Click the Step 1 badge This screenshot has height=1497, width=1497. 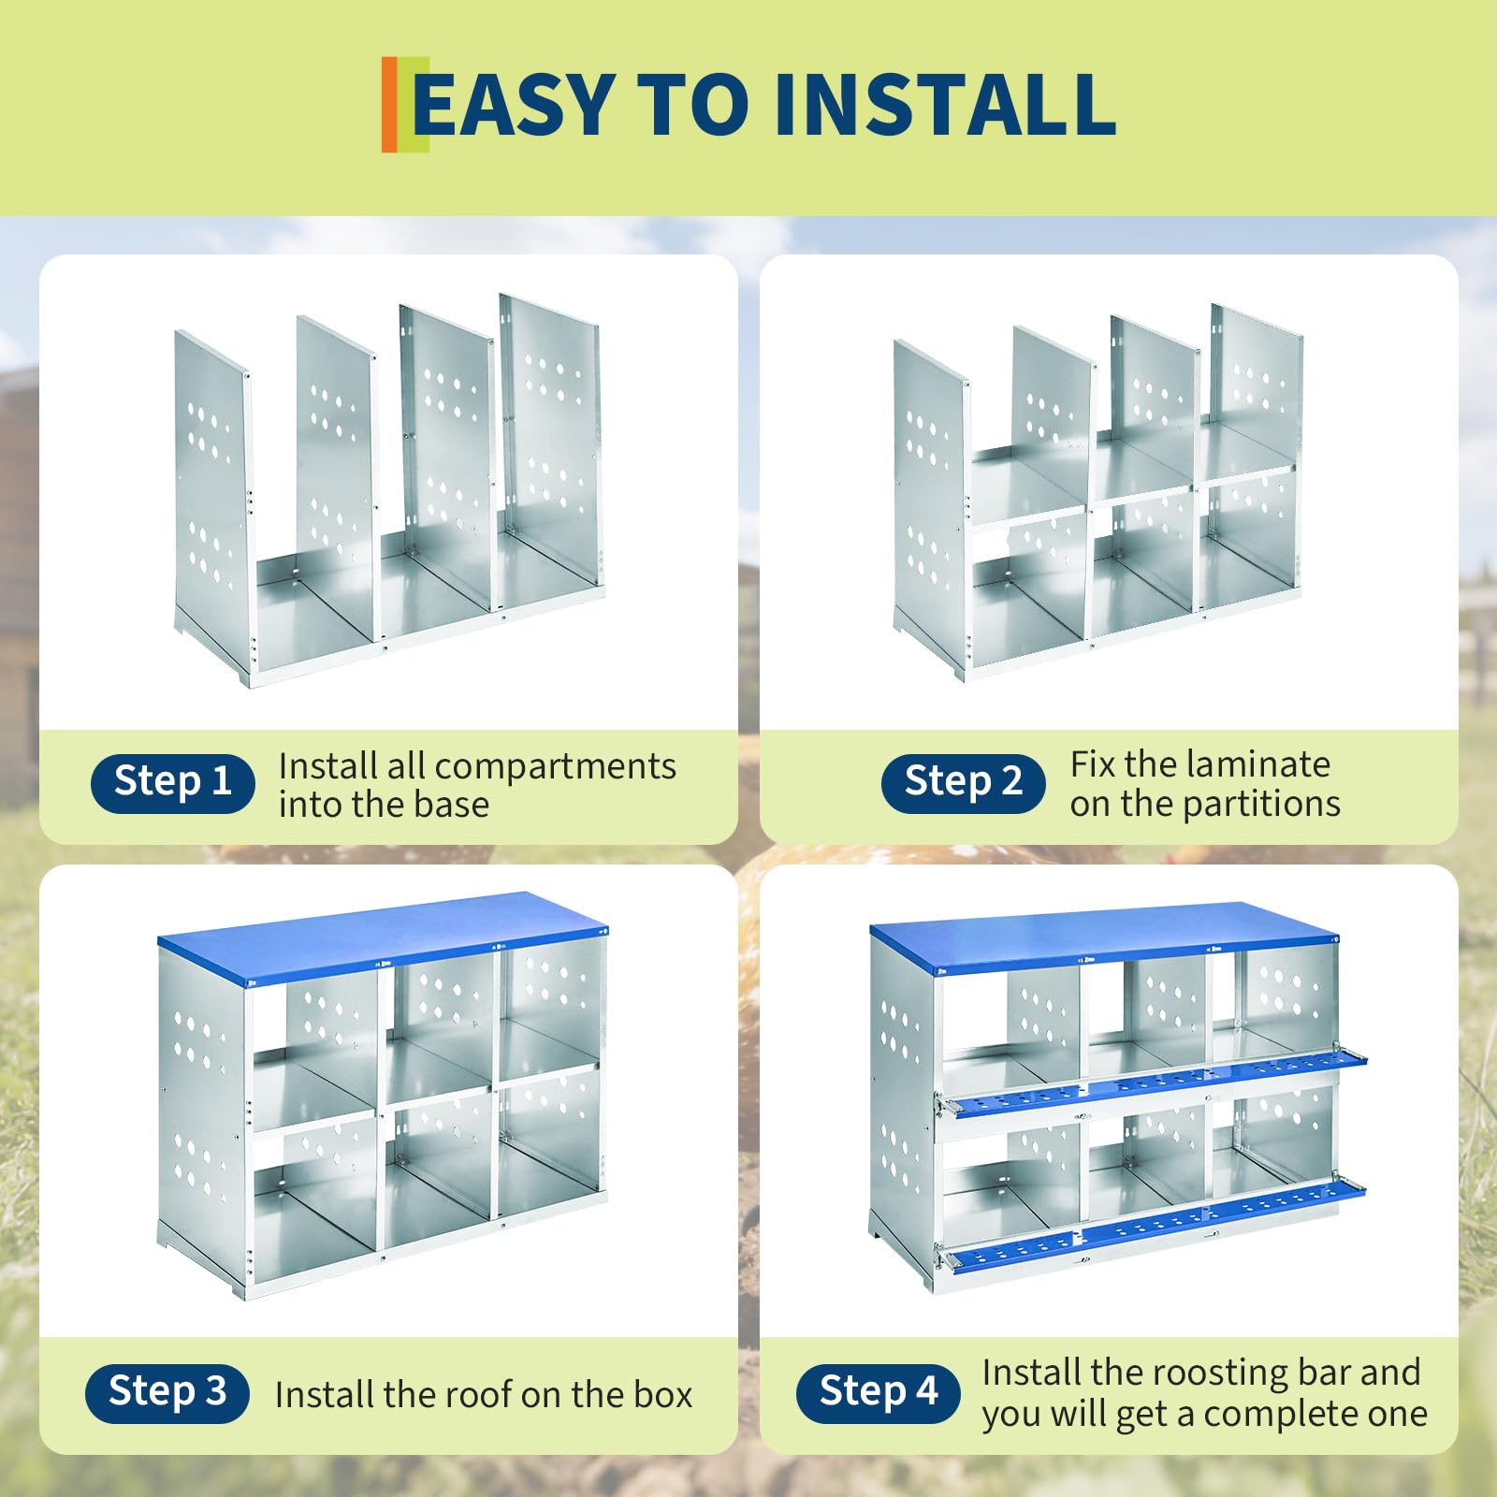coord(172,783)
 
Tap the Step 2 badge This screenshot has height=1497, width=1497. coord(963,783)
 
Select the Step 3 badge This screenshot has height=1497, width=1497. coord(167,1393)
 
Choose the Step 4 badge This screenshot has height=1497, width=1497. coord(879,1393)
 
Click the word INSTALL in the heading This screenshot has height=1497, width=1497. coord(945,104)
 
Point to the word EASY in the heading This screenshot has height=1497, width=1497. coord(514,104)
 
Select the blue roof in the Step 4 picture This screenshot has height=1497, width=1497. coord(1104,936)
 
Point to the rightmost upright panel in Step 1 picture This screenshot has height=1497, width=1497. coord(549,440)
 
